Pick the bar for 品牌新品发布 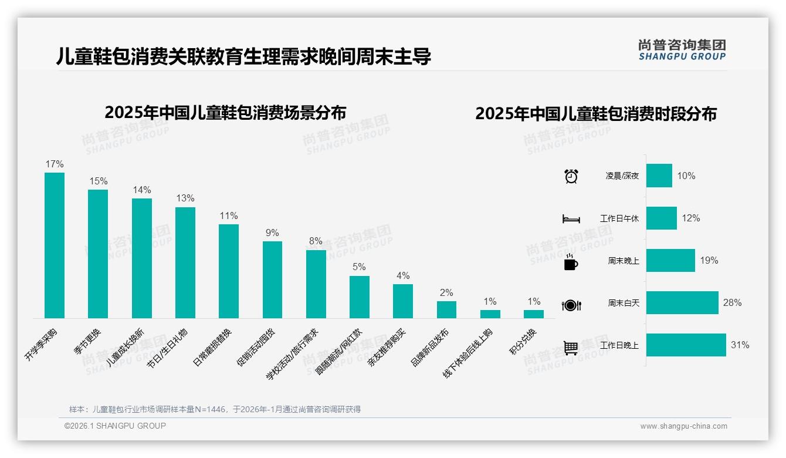coord(446,309)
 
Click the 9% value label coord(272,233)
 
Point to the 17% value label coord(55,164)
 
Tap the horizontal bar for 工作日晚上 coord(686,345)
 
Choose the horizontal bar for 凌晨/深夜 coord(659,176)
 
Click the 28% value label coord(732,303)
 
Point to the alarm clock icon coord(571,176)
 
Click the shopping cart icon coord(571,348)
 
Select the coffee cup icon coord(571,262)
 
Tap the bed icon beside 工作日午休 coord(571,219)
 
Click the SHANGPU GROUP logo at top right coord(682,50)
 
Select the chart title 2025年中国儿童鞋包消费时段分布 coord(596,114)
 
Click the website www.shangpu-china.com coord(683,426)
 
